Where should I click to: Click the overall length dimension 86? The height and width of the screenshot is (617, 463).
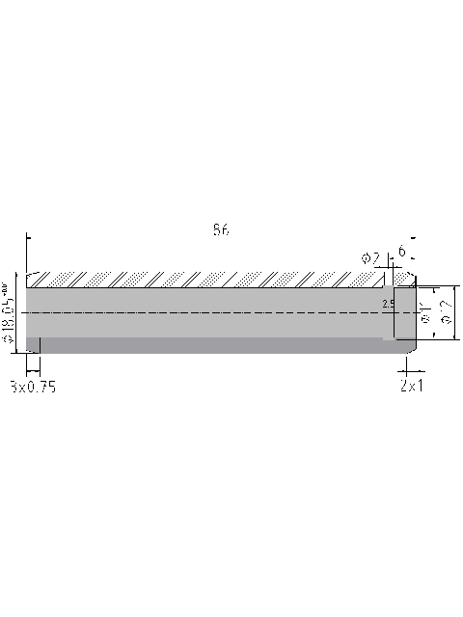click(x=221, y=230)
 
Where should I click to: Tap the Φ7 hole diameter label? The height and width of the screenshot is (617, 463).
click(x=370, y=257)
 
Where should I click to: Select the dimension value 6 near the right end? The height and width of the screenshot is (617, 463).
click(x=400, y=252)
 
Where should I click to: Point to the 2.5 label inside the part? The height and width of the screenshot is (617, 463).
click(x=388, y=304)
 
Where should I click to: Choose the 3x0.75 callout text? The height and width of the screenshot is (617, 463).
click(x=33, y=387)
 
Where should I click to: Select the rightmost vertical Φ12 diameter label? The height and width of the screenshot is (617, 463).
click(x=445, y=313)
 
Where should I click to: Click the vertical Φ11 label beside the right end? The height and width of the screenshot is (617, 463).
click(x=425, y=312)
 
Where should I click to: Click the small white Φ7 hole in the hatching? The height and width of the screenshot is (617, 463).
click(x=389, y=280)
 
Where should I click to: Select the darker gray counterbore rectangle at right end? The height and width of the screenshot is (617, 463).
click(x=403, y=313)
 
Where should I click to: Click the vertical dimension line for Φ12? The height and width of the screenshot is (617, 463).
click(x=453, y=312)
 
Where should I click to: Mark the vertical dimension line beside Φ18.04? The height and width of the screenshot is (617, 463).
click(x=18, y=313)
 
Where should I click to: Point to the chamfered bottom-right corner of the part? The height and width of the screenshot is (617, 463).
click(x=413, y=349)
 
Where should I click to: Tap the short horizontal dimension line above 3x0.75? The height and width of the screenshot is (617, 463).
click(x=32, y=368)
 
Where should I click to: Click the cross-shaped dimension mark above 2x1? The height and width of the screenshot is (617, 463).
click(x=407, y=369)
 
